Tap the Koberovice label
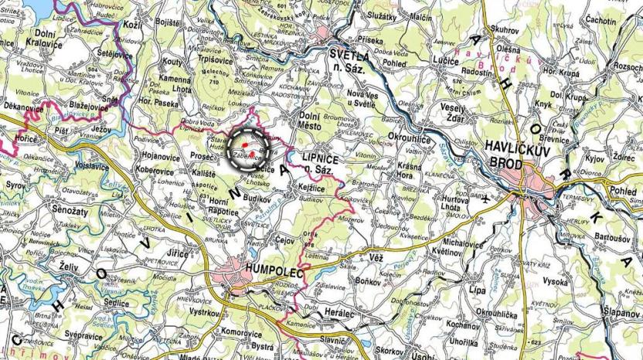[x=155, y=168]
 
